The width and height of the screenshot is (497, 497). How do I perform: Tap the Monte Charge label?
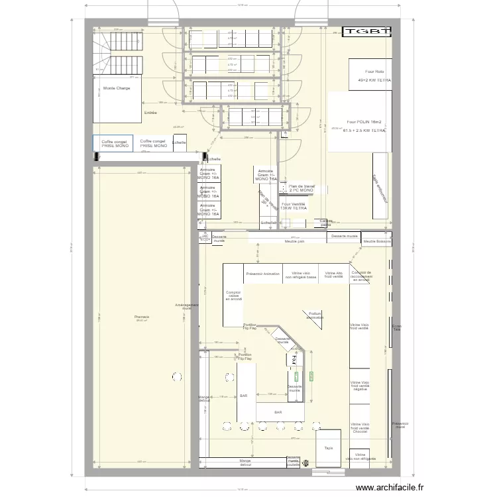click(x=117, y=88)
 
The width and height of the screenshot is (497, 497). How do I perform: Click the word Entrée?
click(x=151, y=113)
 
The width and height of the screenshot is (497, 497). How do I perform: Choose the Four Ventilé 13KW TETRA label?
click(x=293, y=206)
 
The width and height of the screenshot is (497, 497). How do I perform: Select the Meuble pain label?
click(x=295, y=242)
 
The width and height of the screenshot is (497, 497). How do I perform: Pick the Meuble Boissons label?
click(x=377, y=241)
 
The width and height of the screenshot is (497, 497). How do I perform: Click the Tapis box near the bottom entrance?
click(x=329, y=448)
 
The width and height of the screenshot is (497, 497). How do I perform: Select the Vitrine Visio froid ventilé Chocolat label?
click(x=360, y=428)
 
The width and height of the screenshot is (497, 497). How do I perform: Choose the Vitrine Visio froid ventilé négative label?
click(x=360, y=386)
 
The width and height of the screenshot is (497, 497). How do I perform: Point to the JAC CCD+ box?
click(x=205, y=237)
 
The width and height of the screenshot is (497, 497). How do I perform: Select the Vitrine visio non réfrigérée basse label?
click(x=302, y=275)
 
